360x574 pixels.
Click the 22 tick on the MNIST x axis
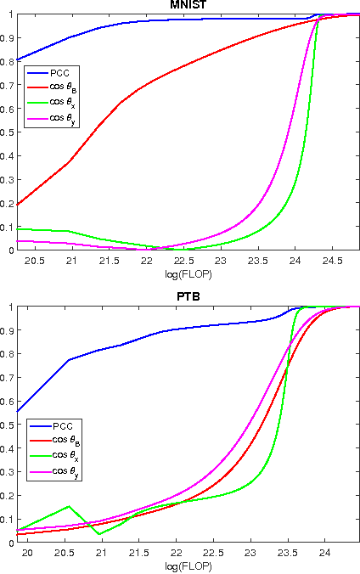tap(146, 261)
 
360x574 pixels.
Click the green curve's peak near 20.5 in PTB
tap(70, 507)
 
